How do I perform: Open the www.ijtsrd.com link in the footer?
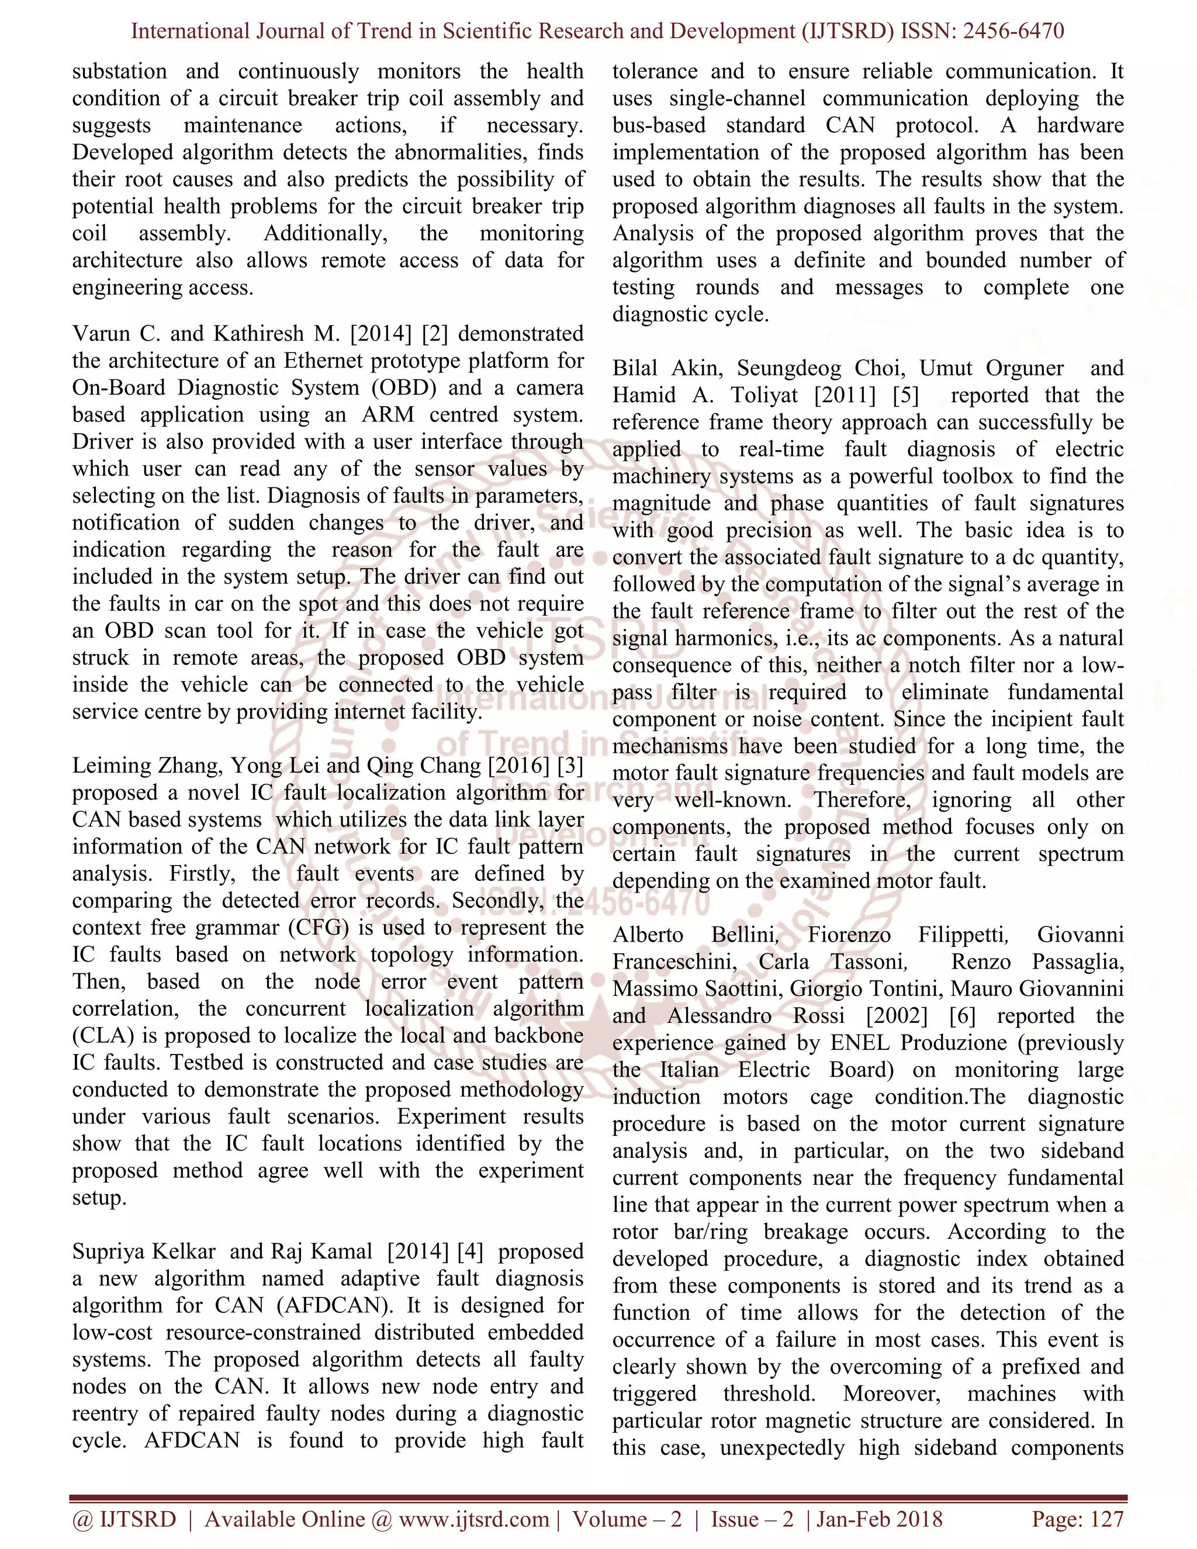coord(473,1519)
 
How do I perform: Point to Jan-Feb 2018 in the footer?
coord(879,1519)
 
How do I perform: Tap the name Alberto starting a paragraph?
coord(648,935)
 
